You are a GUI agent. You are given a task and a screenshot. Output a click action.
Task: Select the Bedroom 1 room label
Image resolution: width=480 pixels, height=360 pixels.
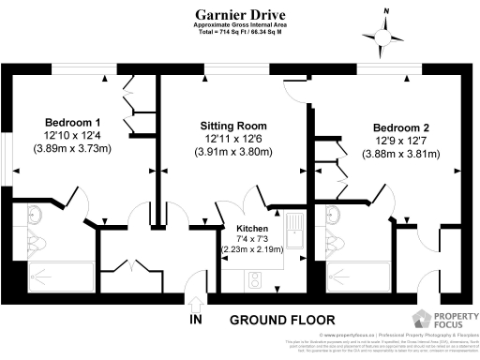click(x=73, y=124)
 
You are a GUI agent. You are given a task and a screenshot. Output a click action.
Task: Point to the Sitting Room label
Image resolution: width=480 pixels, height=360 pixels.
click(x=233, y=126)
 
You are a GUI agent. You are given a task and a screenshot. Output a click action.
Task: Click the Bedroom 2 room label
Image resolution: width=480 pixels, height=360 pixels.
click(x=401, y=127)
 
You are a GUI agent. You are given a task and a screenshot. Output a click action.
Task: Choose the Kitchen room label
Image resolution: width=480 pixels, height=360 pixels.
click(x=252, y=229)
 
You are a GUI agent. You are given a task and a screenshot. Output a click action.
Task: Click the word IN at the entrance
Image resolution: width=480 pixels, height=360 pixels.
click(x=196, y=321)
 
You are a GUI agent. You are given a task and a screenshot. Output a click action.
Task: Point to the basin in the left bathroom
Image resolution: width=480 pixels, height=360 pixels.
click(x=35, y=213)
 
